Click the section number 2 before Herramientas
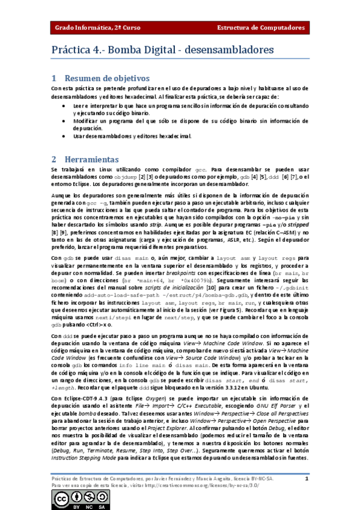pyautogui.click(x=53, y=159)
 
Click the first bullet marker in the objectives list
pyautogui.click(x=65, y=105)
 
